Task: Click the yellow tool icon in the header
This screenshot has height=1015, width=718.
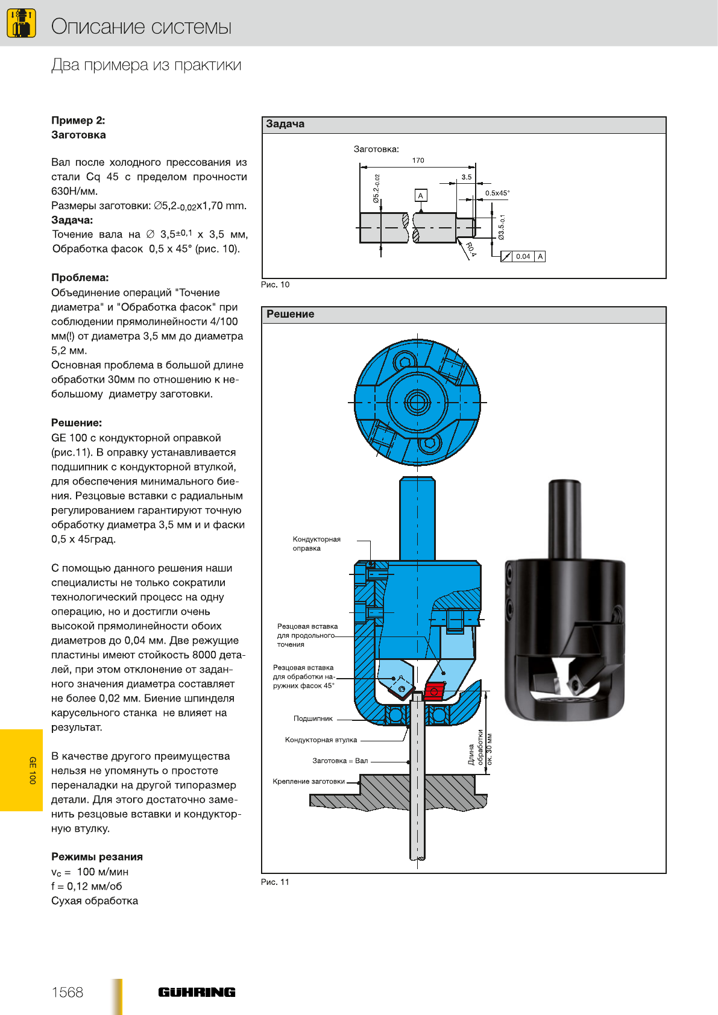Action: coord(21,23)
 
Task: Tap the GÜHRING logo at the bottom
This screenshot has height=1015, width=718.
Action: coord(197,992)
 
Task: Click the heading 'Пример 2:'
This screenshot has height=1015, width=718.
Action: coord(78,121)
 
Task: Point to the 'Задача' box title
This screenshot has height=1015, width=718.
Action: coord(285,124)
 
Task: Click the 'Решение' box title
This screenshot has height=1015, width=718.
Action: coord(291,314)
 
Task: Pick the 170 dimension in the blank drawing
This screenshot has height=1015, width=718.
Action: coord(418,160)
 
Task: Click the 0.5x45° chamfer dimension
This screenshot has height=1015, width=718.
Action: coord(497,193)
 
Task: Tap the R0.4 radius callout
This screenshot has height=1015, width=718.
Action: coord(471,250)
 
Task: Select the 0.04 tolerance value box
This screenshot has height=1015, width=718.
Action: coord(523,257)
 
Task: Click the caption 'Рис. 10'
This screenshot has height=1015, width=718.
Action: coord(275,284)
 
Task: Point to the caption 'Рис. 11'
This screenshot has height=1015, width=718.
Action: coord(275,882)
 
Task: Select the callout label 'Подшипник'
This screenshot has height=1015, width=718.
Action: coord(313,718)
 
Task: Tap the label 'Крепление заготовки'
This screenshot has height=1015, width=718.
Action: coord(309,781)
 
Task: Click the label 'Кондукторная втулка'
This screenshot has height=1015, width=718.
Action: coord(321,740)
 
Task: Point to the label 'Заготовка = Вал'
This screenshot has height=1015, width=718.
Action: coord(340,761)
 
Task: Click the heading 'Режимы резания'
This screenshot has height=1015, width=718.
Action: coord(97,856)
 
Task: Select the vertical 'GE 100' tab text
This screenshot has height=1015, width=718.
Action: coord(33,770)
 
